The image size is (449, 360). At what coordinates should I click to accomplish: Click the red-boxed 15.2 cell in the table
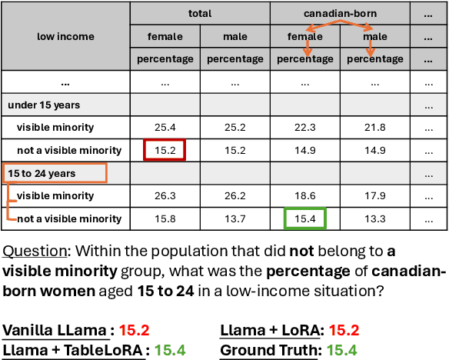click(x=165, y=150)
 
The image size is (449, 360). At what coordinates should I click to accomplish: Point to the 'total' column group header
click(x=200, y=13)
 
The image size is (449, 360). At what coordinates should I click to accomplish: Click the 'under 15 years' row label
click(x=44, y=104)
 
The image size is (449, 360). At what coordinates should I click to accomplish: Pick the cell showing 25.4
click(x=165, y=127)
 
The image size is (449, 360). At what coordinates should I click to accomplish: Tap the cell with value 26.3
click(x=165, y=195)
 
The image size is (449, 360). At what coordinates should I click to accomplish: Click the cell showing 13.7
click(x=234, y=218)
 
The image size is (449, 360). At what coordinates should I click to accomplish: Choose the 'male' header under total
click(x=234, y=36)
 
